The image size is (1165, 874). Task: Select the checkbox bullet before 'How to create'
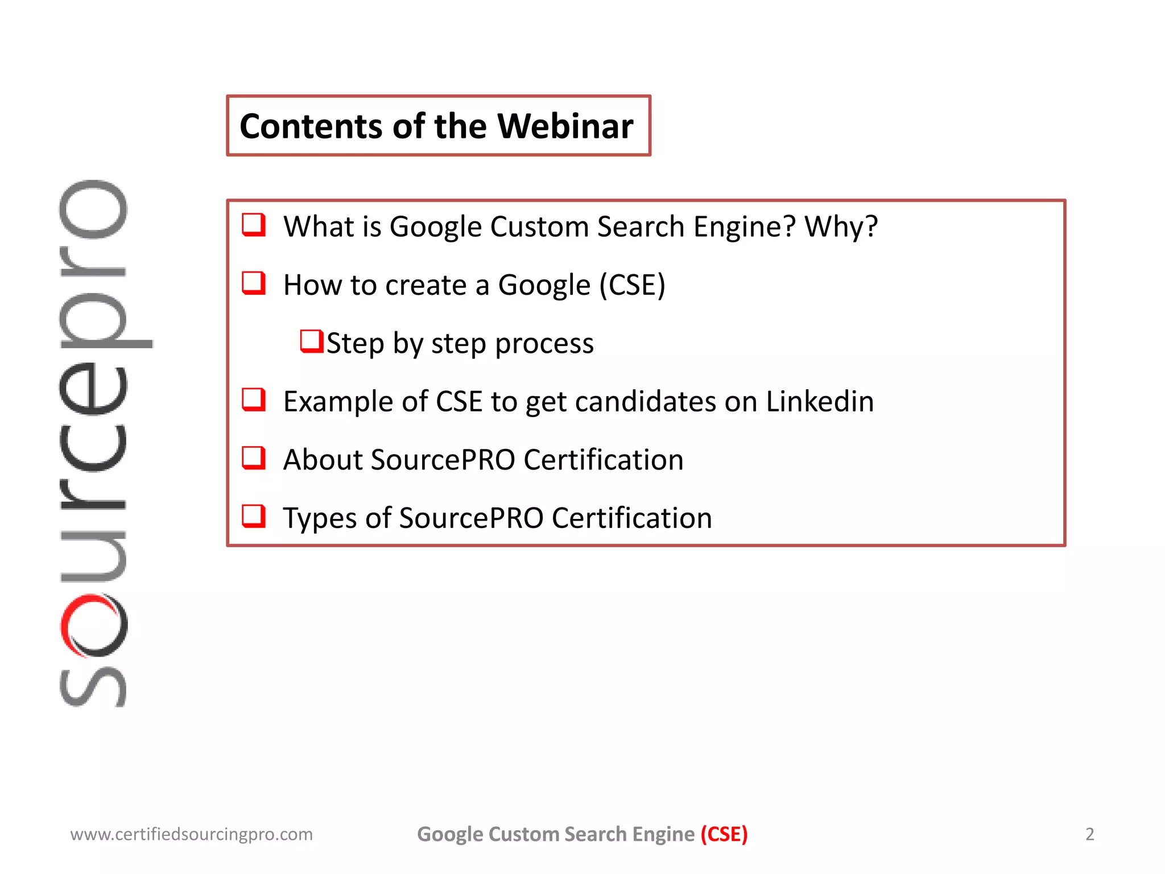[254, 283]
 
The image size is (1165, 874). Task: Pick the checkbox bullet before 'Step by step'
[312, 341]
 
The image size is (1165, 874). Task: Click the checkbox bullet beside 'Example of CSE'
[254, 399]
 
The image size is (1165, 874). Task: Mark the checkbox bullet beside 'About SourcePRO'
[254, 457]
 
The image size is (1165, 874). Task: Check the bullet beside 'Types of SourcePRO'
[254, 516]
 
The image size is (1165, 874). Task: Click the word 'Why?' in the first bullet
[841, 226]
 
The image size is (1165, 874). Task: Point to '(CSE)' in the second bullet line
[632, 285]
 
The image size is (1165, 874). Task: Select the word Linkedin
[820, 401]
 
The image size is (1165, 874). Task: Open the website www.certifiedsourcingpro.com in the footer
[191, 834]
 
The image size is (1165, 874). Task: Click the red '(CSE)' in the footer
[724, 834]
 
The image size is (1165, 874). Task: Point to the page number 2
[1089, 834]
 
